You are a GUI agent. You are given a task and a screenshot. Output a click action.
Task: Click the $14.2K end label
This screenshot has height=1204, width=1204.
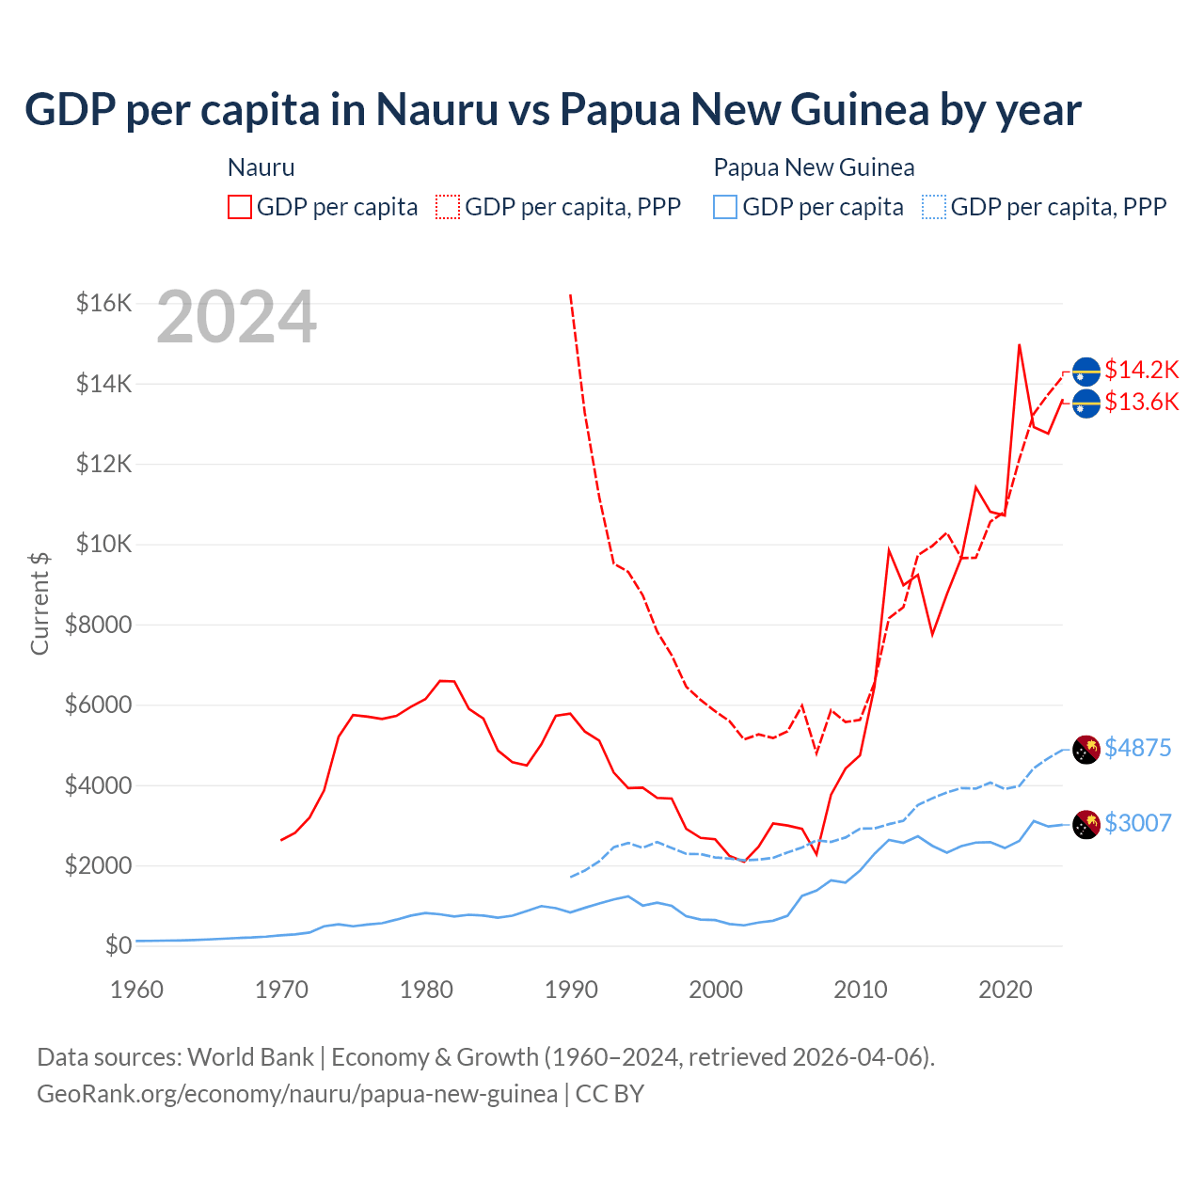pos(1141,370)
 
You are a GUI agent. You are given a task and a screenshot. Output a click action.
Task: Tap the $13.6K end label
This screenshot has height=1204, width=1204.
pos(1141,403)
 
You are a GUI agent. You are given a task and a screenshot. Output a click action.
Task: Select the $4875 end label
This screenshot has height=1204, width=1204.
pos(1137,748)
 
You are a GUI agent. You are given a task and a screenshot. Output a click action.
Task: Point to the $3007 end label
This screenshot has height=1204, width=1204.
pos(1137,823)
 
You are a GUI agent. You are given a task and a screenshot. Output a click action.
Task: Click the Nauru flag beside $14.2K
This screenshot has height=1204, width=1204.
pos(1086,372)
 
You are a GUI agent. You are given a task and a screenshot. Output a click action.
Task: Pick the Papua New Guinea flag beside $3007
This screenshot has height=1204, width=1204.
pos(1086,825)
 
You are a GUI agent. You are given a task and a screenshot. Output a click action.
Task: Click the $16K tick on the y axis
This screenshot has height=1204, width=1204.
pos(103,303)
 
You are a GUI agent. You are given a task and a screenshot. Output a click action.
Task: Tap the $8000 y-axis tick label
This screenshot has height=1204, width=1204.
pos(98,625)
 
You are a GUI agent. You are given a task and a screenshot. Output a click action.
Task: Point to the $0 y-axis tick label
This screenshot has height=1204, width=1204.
pos(118,945)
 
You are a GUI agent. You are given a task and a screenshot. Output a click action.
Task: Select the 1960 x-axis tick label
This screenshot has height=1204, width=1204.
pos(136,990)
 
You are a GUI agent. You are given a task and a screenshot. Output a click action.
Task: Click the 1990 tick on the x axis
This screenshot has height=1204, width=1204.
pos(571,990)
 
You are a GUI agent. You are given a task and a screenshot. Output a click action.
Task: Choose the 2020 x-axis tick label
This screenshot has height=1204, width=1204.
pos(1006,990)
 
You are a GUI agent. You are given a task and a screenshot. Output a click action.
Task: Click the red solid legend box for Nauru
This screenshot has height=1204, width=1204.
pos(240,207)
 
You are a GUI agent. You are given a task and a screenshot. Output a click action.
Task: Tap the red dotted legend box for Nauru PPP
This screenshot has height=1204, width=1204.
pos(448,207)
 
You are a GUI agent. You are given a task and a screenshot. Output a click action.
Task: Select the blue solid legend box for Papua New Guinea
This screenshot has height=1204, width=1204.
pos(725,207)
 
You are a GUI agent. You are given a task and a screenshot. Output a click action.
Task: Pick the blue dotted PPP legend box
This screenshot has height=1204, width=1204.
pos(934,207)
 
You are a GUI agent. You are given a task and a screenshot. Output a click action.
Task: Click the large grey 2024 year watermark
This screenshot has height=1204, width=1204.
pos(236,317)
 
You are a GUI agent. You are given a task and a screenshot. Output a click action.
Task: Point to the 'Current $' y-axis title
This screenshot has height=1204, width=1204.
pos(40,603)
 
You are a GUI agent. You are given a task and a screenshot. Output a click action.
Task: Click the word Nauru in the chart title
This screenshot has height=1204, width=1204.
pos(437,109)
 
